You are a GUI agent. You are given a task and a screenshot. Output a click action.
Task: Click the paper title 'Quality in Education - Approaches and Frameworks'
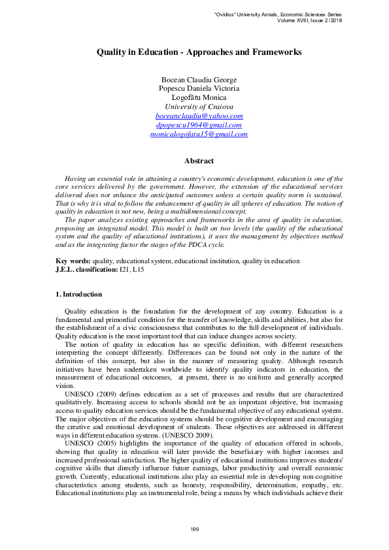pos(199,51)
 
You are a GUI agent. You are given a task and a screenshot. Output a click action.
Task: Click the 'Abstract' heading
pos(199,161)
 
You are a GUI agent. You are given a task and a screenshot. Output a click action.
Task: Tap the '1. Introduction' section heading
pos(79,295)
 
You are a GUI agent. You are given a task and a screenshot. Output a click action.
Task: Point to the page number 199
pos(194,528)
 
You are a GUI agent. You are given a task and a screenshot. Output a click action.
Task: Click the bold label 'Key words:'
pos(73,261)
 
